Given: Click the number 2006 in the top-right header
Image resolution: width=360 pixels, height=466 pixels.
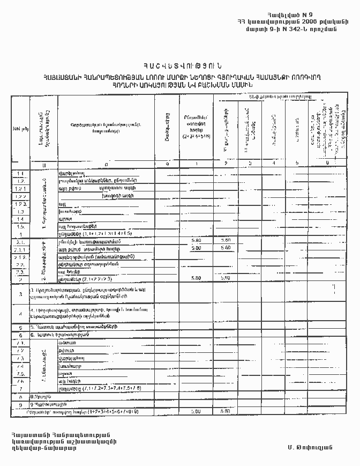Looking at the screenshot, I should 314,21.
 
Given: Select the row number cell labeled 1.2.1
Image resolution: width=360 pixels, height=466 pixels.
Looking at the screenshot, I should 21,188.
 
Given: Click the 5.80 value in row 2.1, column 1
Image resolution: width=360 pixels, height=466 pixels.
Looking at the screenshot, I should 196,241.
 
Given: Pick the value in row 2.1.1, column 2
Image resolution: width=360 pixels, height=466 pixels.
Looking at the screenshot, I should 226,248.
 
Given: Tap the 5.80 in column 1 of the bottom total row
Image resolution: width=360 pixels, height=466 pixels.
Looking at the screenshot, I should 196,411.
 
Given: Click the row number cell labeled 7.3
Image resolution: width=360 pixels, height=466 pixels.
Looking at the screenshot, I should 21,358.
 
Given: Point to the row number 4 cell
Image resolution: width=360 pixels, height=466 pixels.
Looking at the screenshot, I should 20,313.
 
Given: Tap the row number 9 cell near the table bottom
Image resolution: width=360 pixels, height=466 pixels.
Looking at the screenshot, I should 20,404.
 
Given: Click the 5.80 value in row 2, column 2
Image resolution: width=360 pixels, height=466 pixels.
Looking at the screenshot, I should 226,278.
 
